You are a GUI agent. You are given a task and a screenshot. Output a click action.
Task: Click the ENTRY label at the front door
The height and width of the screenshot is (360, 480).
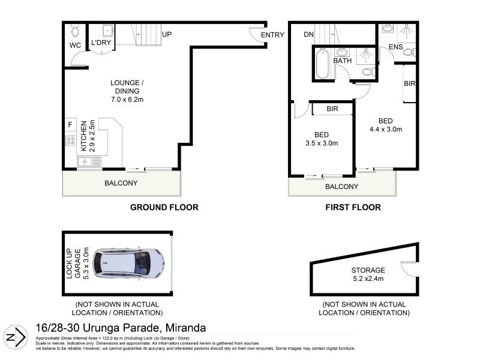[272, 35]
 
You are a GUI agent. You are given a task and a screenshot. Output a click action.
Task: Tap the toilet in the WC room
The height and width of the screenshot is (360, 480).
[75, 31]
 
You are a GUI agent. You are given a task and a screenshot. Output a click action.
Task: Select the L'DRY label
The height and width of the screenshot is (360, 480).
[101, 43]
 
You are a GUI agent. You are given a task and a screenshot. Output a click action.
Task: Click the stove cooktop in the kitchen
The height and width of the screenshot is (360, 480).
[71, 141]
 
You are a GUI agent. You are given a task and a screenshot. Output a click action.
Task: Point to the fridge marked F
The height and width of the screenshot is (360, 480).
[70, 125]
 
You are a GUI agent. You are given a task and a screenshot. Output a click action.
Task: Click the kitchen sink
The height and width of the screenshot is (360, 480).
[89, 161]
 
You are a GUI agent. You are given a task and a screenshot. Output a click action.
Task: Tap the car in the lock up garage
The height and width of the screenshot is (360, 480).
[128, 263]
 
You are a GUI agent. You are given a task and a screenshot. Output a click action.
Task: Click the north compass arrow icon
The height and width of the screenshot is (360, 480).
[16, 337]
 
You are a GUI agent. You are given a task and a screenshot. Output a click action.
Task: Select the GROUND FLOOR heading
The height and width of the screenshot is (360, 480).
[164, 207]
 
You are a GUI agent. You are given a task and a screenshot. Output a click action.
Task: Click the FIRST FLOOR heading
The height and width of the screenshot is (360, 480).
[353, 207]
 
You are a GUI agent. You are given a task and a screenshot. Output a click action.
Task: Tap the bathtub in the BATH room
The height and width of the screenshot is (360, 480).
[322, 64]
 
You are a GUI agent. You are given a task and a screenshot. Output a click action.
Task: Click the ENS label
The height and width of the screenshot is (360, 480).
[396, 47]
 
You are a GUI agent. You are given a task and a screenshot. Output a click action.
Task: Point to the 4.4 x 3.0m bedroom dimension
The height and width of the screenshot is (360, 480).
[386, 129]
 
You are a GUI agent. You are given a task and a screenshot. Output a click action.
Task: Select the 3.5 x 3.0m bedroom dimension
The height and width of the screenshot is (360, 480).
[322, 143]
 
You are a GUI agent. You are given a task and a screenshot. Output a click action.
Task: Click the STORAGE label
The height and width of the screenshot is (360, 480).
[368, 271]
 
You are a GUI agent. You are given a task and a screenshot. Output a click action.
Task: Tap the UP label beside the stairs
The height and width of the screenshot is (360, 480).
[167, 34]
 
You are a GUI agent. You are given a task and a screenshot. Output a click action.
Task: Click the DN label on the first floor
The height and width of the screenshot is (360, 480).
[308, 35]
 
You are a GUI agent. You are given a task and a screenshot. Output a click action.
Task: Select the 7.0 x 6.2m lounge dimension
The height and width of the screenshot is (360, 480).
[127, 100]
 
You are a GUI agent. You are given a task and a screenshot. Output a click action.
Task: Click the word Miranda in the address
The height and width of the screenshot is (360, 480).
[185, 328]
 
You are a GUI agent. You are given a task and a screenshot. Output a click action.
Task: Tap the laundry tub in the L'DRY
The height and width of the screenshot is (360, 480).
[107, 31]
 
